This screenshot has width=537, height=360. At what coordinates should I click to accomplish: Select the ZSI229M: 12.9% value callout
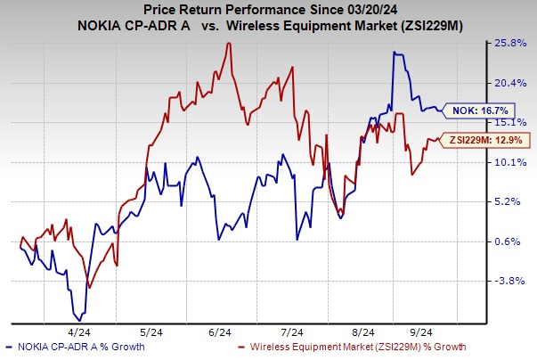pyautogui.click(x=489, y=139)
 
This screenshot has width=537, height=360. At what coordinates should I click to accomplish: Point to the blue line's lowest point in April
pyautogui.click(x=81, y=318)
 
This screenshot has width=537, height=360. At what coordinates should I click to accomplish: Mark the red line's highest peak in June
pyautogui.click(x=230, y=42)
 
